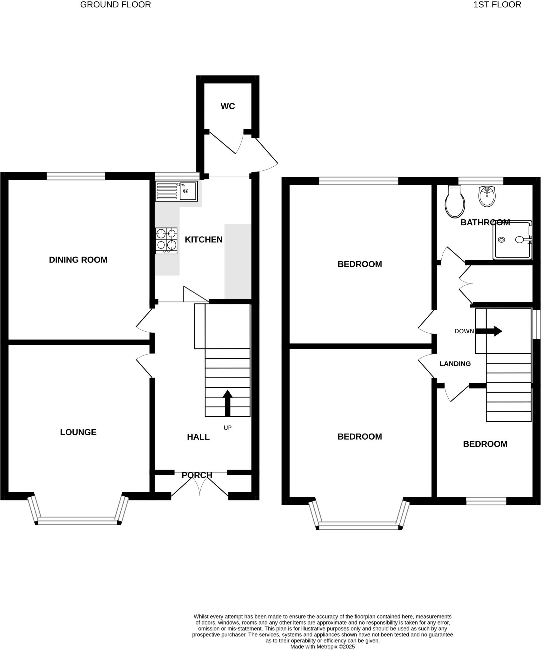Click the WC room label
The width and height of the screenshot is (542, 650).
coord(228,106)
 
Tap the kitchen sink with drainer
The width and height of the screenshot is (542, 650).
coord(177,191)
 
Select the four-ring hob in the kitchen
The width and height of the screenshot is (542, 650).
coord(166,241)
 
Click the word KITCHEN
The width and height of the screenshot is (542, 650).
coord(204,240)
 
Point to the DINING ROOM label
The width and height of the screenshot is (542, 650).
coord(78,260)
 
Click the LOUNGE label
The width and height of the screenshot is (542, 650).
coord(78,432)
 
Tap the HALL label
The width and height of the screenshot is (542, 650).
coord(198,437)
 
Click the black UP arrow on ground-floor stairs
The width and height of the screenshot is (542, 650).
coord(227,403)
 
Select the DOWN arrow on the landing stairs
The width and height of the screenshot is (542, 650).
coord(489,331)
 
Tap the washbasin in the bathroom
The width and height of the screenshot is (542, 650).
coord(487,197)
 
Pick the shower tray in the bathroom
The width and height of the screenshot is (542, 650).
coord(512,240)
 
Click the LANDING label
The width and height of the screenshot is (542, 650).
coord(455,364)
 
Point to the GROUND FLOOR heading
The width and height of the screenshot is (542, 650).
coord(115,5)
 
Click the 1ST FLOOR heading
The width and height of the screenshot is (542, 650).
coord(497,5)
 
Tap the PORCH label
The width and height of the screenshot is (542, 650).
coord(197,475)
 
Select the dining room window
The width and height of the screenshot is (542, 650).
coord(76,176)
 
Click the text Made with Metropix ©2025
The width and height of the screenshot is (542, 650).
coord(322,647)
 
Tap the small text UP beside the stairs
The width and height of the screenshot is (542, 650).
coord(227,428)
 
